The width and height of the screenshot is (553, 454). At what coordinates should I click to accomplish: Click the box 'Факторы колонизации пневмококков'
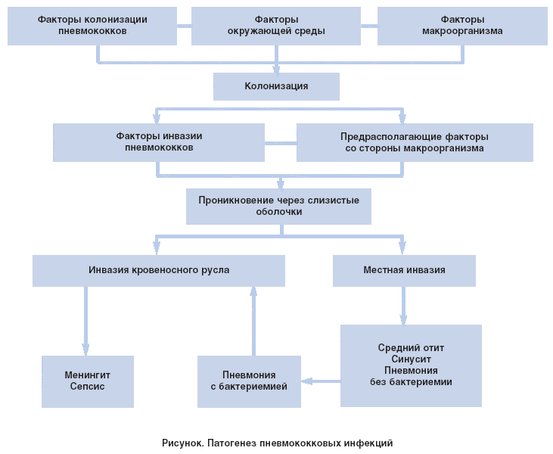click(x=92, y=26)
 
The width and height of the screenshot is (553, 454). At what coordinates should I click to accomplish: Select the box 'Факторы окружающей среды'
click(x=276, y=26)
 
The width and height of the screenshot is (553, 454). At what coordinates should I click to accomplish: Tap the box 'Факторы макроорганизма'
click(x=462, y=26)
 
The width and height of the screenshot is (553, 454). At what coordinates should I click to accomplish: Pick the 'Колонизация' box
click(x=276, y=86)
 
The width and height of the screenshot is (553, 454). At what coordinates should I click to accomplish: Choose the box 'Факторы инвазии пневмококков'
click(x=159, y=142)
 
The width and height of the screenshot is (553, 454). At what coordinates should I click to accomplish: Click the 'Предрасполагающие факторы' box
click(x=415, y=142)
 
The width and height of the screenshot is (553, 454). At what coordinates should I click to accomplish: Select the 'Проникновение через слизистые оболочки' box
click(x=278, y=206)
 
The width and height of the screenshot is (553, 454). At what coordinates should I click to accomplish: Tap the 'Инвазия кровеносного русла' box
click(x=159, y=270)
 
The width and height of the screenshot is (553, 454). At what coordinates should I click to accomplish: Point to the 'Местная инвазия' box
click(x=404, y=270)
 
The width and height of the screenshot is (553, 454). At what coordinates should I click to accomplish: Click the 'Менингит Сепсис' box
click(x=88, y=381)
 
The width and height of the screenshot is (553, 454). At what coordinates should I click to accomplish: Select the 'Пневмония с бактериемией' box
click(x=249, y=381)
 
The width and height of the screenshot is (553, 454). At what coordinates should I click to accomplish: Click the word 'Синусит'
click(x=411, y=359)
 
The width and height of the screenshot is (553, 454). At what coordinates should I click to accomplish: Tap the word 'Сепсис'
click(x=88, y=387)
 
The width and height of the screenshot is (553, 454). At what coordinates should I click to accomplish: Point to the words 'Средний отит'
click(x=411, y=348)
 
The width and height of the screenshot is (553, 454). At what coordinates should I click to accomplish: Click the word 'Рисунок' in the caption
click(x=182, y=443)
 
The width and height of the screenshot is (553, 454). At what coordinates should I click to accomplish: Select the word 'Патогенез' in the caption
click(x=231, y=443)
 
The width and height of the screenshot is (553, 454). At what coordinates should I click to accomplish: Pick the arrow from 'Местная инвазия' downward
click(x=403, y=306)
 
